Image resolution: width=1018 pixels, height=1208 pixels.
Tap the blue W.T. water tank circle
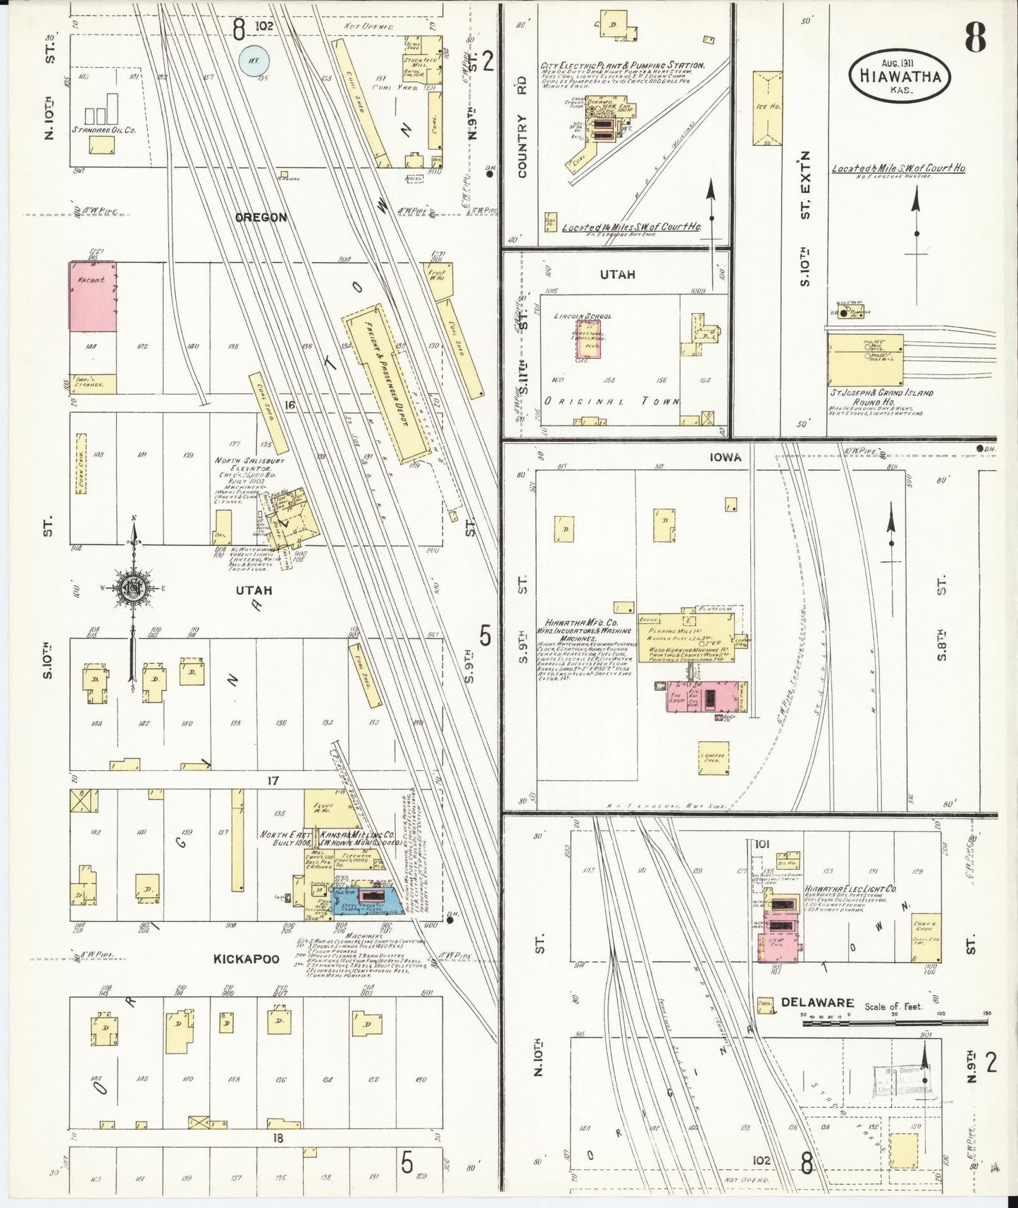click(254, 61)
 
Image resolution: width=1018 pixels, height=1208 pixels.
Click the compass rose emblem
click(132, 589)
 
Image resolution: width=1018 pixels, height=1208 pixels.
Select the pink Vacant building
click(92, 296)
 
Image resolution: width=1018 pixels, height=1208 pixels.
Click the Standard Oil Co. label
click(104, 130)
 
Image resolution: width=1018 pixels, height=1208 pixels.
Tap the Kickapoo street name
click(246, 959)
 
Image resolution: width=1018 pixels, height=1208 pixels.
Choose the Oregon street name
click(261, 217)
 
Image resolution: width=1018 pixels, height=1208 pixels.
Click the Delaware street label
click(817, 1002)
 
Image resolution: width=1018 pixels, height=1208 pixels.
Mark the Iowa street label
click(725, 457)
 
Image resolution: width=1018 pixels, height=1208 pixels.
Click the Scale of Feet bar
click(895, 1021)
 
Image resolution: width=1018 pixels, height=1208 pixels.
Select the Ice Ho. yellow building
click(767, 108)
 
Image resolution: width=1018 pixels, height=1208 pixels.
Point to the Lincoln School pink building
click(587, 335)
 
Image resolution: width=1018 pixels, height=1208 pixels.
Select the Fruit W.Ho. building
click(437, 281)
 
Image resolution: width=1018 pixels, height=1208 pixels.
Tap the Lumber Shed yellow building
click(714, 758)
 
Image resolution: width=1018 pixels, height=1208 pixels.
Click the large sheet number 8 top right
click(975, 37)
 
